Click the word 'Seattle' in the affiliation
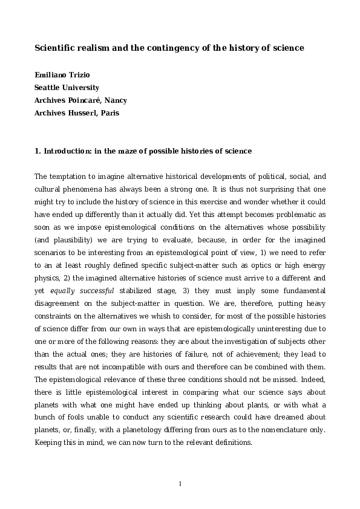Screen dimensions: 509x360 coord(50,88)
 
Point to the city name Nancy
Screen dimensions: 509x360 coord(116,100)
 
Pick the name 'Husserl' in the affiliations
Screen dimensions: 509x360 coord(87,112)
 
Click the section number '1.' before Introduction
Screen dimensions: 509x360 coord(38,151)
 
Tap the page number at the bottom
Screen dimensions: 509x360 coord(180,483)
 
